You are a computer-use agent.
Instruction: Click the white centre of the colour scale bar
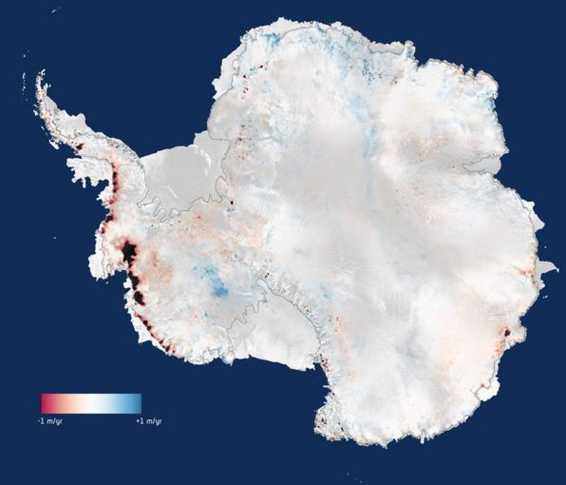point(91,403)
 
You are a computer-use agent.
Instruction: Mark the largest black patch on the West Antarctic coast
point(129,251)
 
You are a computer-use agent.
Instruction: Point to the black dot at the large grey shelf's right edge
point(232,203)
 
